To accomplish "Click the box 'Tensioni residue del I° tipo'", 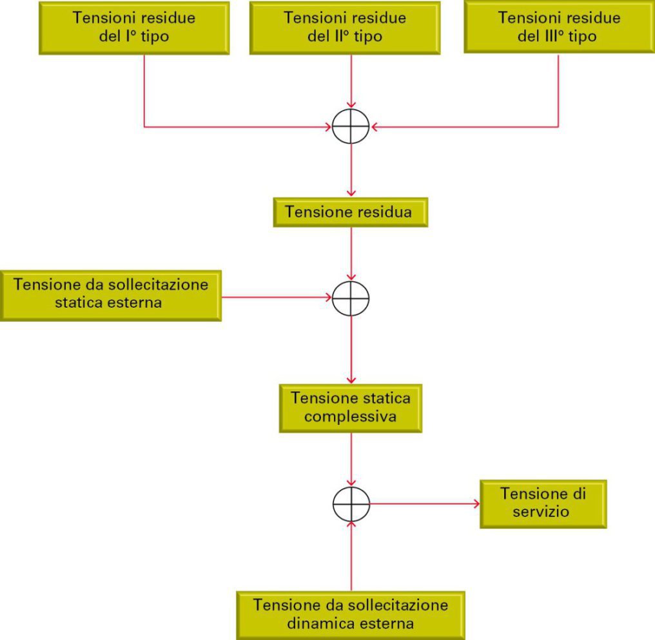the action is pos(134,28).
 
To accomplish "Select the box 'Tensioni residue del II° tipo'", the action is pos(345,28).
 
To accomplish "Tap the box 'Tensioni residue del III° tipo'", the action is pos(560,27).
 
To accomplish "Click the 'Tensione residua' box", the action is pos(351,212).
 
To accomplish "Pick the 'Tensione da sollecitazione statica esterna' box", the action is pos(111,296).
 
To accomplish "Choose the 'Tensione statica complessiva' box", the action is pos(351,408).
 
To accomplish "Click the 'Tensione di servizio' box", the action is pos(543,504).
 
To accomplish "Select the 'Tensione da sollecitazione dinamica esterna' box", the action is pos(351,616).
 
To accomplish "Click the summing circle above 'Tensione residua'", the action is pos(351,109).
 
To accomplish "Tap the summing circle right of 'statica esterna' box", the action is pos(351,281).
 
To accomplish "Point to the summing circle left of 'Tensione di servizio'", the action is pos(351,487).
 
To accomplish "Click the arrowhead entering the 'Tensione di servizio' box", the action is pos(476,504).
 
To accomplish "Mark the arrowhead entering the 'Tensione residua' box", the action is pos(351,194).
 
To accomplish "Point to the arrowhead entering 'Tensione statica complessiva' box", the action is pos(351,380).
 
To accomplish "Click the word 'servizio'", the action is pos(541,512).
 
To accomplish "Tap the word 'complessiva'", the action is pos(350,417).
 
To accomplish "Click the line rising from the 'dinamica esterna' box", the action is pos(351,556).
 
